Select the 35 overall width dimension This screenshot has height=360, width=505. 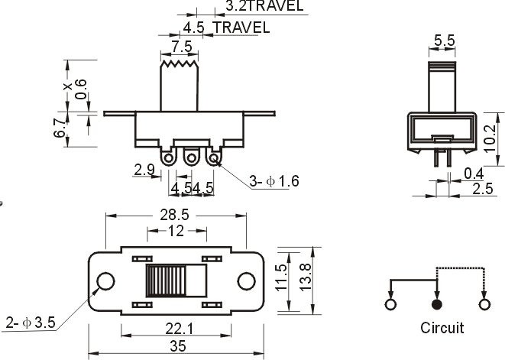[177, 345]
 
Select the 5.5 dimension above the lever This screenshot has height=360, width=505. [445, 39]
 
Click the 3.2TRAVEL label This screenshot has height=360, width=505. [264, 6]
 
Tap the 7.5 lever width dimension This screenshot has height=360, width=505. [182, 46]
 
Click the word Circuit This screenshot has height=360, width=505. [442, 329]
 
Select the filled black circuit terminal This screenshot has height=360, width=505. [437, 304]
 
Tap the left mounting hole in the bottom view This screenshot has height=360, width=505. [106, 282]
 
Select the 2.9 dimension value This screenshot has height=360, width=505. [144, 170]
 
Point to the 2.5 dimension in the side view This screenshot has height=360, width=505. [481, 189]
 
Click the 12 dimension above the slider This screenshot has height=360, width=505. [176, 230]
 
